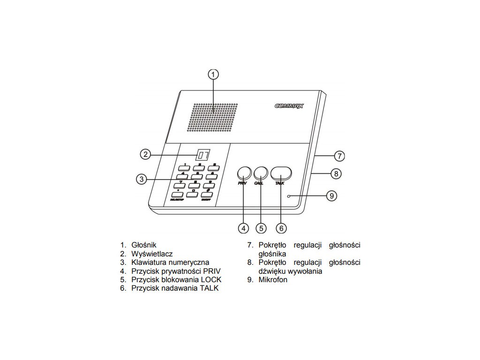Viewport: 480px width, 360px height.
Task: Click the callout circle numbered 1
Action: (213, 75)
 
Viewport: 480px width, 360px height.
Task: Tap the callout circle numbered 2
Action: (146, 154)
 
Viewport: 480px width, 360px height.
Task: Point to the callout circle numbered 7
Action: (339, 155)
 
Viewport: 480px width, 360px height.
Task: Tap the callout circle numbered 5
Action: (262, 228)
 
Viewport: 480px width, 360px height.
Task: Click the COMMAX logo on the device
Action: (289, 106)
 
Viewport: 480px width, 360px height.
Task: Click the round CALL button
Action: (260, 172)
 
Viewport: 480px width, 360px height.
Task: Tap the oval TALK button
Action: (281, 172)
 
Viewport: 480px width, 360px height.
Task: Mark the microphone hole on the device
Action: (290, 195)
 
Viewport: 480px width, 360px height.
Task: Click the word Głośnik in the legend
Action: (144, 245)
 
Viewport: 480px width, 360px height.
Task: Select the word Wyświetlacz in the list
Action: (152, 254)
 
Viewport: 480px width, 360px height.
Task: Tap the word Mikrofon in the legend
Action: (273, 280)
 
